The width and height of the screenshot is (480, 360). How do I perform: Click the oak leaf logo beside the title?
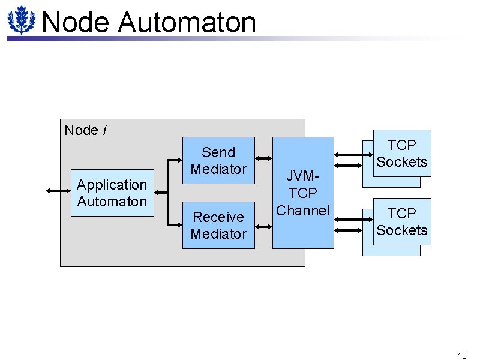22,20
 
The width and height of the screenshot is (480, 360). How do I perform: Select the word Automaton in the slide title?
187,23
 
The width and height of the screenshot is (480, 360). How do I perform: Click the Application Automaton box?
112,193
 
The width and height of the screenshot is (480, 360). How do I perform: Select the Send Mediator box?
218,160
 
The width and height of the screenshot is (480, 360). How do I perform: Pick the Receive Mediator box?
218,225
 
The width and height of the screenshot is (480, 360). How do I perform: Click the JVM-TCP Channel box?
303,193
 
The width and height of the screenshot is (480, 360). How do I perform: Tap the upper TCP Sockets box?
402,153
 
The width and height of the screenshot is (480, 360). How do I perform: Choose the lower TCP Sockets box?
402,221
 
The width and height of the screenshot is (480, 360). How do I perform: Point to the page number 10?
461,356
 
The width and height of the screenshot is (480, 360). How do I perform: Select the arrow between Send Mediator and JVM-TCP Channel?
264,159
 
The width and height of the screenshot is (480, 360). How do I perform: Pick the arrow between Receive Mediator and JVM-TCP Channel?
264,227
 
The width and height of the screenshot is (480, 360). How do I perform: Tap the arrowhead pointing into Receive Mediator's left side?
178,226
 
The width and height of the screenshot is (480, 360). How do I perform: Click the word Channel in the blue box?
303,211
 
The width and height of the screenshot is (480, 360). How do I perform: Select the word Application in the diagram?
112,185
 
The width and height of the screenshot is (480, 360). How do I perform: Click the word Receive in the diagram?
218,217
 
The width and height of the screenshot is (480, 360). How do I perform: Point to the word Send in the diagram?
218,152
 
